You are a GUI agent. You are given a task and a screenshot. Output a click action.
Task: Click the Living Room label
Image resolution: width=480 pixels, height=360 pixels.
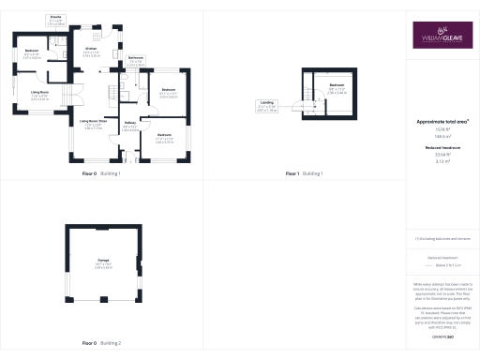(38, 96)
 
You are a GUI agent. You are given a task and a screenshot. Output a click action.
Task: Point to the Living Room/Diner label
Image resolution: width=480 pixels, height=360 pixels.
(92, 124)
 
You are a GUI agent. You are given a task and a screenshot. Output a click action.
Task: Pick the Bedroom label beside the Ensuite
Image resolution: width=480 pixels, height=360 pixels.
(32, 54)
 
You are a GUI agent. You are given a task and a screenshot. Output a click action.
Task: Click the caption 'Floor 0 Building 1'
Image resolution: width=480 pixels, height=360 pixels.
(101, 173)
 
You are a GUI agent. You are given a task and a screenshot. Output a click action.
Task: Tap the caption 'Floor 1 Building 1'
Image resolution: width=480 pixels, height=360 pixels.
(304, 173)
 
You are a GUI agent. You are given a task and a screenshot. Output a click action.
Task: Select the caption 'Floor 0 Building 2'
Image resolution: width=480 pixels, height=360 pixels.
(101, 343)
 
